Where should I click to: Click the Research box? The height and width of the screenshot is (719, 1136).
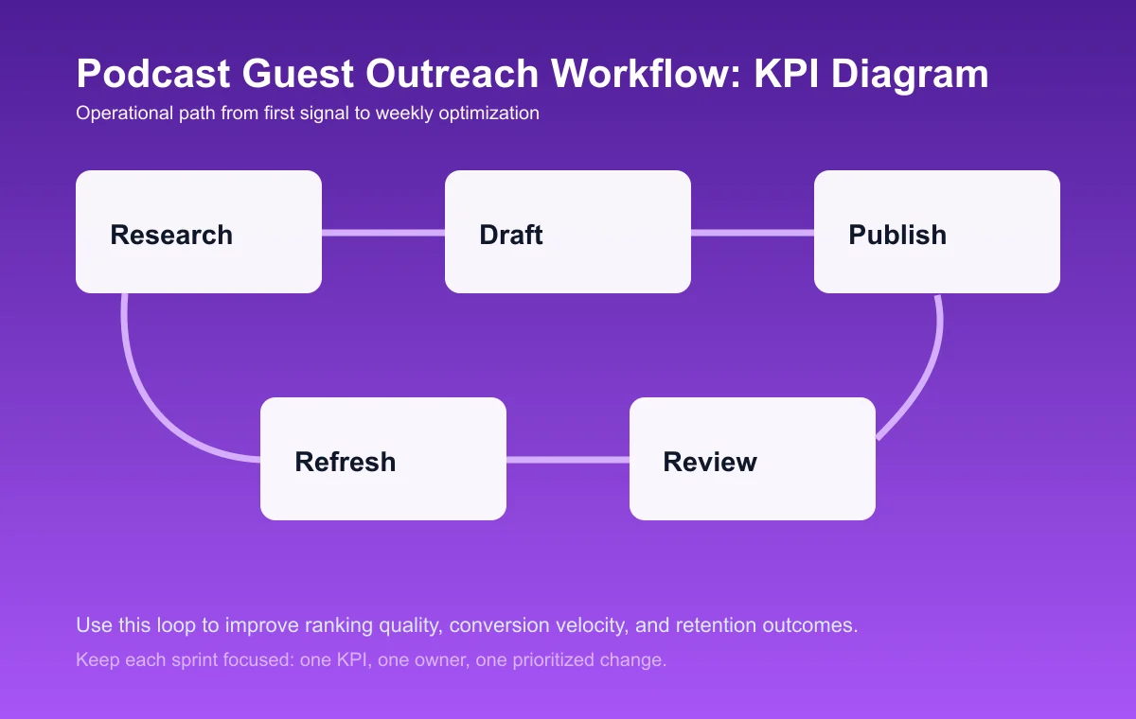[x=199, y=232]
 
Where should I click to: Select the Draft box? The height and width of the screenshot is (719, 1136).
[x=568, y=232]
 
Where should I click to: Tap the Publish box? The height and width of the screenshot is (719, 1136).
[x=937, y=232]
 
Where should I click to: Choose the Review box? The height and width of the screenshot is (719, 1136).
[x=753, y=459]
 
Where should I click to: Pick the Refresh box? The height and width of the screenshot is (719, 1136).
[x=383, y=459]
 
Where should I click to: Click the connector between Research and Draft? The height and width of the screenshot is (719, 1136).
[x=383, y=232]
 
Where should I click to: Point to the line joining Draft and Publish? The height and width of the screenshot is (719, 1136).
[x=753, y=232]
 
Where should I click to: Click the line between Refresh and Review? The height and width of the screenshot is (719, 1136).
[x=568, y=460]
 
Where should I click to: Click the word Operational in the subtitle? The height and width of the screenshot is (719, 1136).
[x=121, y=114]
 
